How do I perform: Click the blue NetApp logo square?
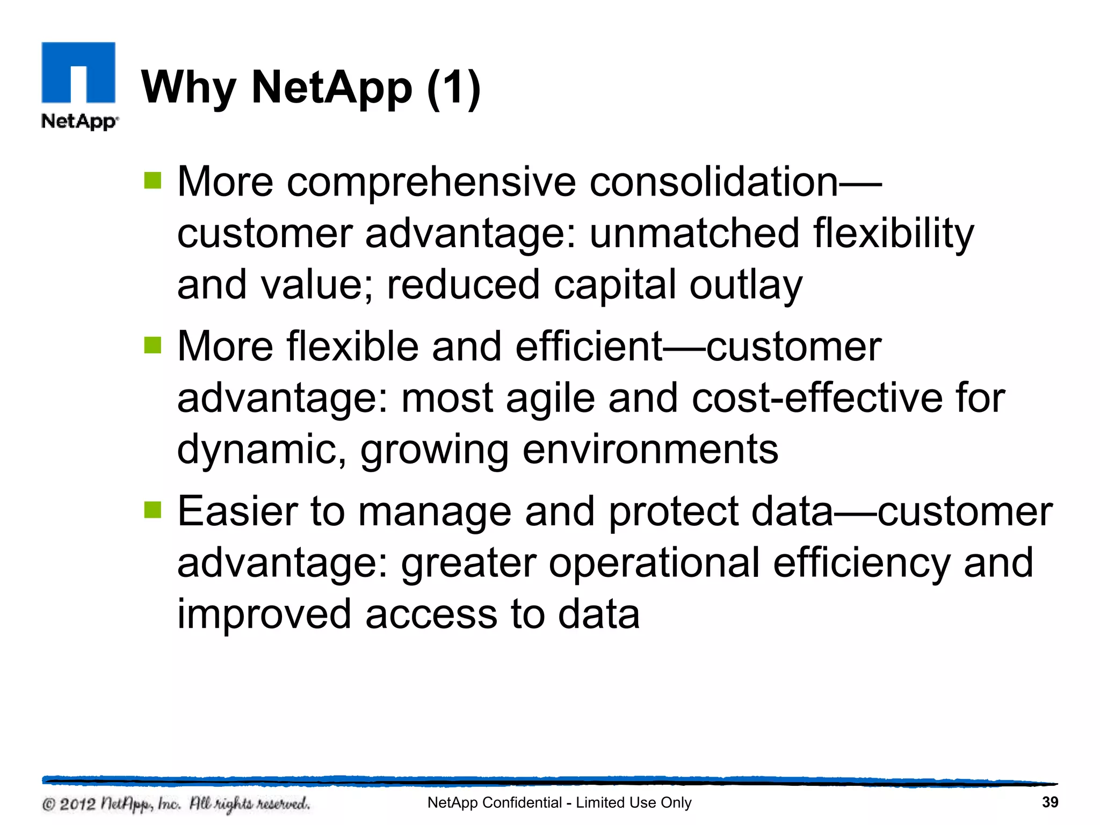78,72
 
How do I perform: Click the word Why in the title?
188,88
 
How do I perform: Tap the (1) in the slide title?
454,88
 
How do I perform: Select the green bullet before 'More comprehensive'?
153,181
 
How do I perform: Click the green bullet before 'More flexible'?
153,345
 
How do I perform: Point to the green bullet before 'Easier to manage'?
153,510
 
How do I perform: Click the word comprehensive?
431,183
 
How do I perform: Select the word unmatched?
694,234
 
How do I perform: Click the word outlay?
746,285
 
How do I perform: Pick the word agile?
550,399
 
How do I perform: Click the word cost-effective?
817,399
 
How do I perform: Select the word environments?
650,450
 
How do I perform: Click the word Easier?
237,511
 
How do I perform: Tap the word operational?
654,563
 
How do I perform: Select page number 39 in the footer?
1050,802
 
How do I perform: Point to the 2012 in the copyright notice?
77,804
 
